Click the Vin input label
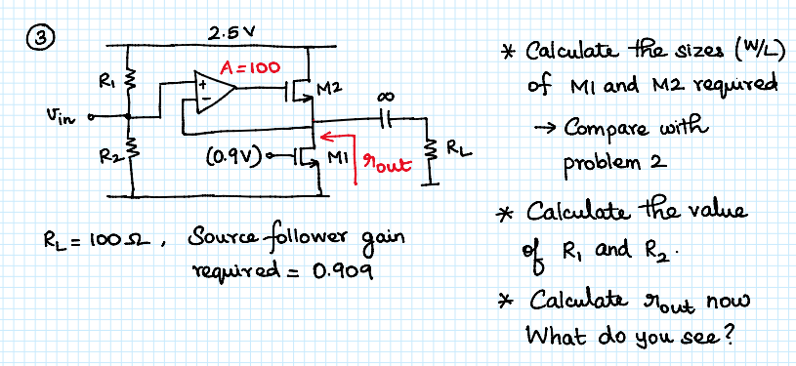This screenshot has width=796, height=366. click(x=58, y=118)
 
